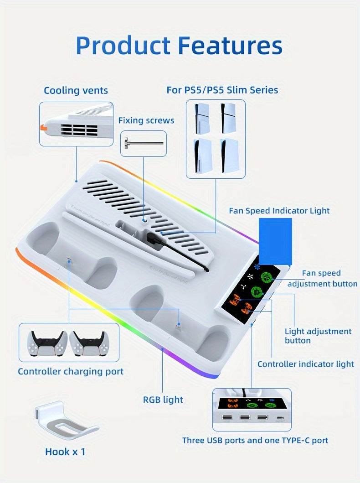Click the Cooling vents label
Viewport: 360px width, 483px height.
pos(76,90)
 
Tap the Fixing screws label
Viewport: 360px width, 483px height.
pos(146,120)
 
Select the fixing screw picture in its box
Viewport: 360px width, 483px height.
pos(143,143)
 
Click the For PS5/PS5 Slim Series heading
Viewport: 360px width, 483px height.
pos(222,90)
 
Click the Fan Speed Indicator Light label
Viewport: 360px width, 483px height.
pos(279,211)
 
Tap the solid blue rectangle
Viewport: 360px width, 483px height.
pos(275,241)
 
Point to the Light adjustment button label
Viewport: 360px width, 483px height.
pos(318,336)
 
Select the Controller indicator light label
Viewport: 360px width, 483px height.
pos(305,364)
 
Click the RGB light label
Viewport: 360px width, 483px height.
pos(163,400)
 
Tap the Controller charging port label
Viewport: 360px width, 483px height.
pos(71,372)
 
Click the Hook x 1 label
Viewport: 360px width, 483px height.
pos(65,452)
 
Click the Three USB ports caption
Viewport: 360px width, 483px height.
pos(255,441)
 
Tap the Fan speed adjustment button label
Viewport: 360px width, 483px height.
pos(322,278)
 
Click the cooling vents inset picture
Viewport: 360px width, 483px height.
pos(76,124)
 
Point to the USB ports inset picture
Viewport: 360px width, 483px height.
pos(252,409)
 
